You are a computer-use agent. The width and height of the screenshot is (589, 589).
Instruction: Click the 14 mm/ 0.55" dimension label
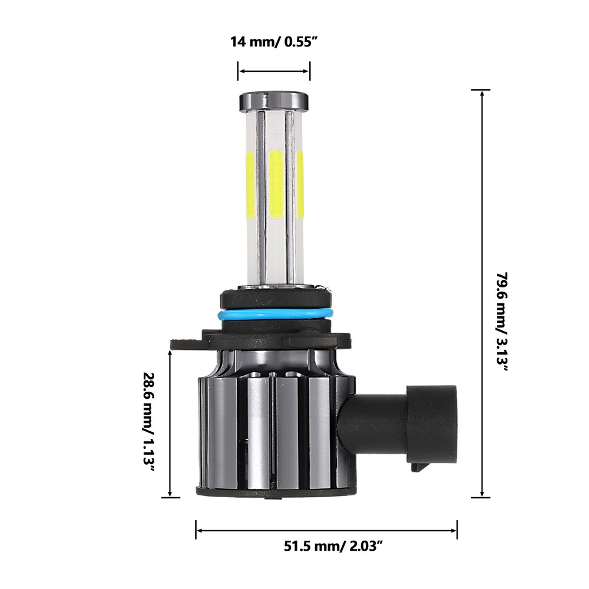coord(274,42)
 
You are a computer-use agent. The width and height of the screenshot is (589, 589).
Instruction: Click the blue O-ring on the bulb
coord(274,315)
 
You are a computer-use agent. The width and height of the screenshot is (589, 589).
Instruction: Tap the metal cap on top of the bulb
coord(274,101)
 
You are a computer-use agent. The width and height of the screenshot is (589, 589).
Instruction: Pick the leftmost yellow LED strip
coord(250,183)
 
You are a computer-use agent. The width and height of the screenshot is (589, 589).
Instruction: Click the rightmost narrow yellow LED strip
coord(300,183)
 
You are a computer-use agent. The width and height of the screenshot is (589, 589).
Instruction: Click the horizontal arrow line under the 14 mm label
coord(274,72)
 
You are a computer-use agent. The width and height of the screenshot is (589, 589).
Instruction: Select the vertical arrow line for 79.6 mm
coord(482,294)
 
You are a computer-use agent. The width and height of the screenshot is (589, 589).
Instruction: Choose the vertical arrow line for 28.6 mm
coord(170,423)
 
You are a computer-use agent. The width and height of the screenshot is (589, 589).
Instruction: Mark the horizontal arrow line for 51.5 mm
coord(327,530)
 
